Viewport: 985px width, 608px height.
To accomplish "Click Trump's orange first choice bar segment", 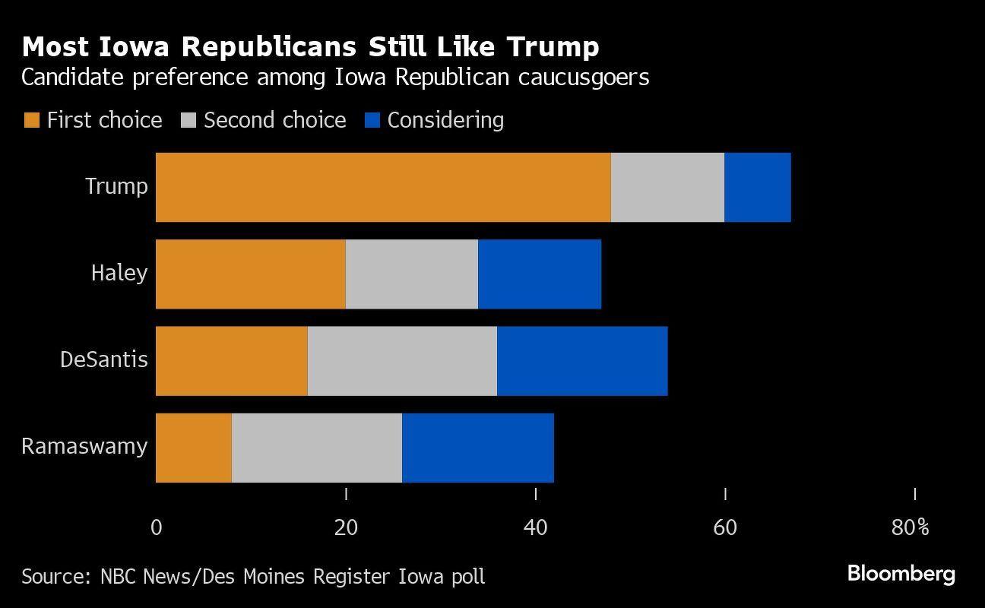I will click(383, 187).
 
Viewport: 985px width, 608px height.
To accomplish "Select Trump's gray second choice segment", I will click(667, 187).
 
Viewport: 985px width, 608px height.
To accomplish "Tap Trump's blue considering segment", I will click(757, 187).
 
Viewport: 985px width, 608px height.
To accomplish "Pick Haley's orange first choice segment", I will click(250, 274).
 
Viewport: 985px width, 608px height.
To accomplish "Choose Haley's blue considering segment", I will click(539, 274).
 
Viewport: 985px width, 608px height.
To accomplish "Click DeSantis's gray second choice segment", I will click(402, 361).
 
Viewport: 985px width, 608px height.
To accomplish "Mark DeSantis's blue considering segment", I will click(582, 361).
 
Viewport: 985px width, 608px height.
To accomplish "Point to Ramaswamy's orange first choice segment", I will click(194, 448).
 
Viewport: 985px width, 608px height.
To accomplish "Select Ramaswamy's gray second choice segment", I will click(317, 448).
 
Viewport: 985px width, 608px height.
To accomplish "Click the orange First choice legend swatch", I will click(32, 121).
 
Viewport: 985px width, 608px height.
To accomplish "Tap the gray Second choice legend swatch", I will click(188, 121).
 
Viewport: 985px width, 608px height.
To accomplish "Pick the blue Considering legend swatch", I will click(372, 121).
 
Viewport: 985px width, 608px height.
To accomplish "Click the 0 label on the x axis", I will click(157, 527).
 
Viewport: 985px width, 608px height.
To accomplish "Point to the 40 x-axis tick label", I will click(536, 527).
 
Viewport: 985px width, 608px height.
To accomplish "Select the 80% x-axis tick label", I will click(911, 527).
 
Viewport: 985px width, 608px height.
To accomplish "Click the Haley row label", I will click(119, 273).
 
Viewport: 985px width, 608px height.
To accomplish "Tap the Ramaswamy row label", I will click(84, 446).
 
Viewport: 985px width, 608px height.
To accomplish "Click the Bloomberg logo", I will click(901, 574).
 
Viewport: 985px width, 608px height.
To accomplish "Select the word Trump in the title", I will click(553, 47).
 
